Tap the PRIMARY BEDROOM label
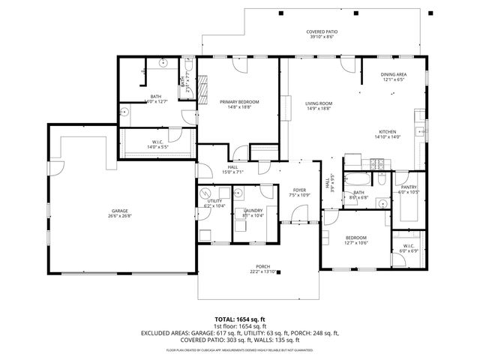coord(239,101)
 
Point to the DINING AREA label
coord(394,75)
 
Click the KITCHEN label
coord(388,131)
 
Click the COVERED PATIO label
coord(321,32)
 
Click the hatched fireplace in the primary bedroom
coord(200,88)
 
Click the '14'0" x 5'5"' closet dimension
coord(158,147)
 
